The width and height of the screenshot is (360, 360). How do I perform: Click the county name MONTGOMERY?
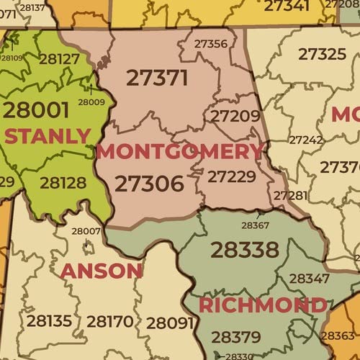180,152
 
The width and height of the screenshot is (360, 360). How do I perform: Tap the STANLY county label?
48,135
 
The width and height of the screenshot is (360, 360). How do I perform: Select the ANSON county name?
102,271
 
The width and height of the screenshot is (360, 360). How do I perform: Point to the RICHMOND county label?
263,305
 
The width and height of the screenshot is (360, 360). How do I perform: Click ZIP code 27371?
157,78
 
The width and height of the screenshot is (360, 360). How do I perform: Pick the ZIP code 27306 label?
149,184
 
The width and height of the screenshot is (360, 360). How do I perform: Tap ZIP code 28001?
36,109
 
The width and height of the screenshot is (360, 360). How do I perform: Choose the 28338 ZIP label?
244,250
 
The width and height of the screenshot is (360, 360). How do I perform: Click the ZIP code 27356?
211,44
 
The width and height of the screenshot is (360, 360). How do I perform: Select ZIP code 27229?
231,176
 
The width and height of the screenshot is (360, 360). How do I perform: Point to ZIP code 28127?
59,59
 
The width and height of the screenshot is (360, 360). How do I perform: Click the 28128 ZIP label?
63,183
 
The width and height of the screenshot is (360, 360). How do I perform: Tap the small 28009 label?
91,102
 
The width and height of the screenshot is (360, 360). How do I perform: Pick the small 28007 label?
86,231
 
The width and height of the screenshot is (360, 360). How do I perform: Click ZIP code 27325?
322,54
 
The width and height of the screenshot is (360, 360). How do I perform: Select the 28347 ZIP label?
310,278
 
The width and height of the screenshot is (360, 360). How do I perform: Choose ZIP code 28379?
236,336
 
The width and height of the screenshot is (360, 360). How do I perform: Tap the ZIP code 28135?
49,321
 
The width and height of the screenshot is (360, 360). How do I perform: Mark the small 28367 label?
255,225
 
